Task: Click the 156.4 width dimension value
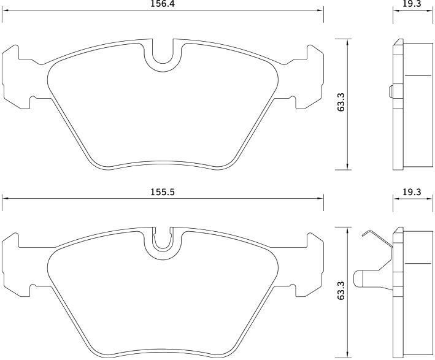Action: coord(163,4)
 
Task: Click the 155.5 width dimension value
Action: coord(163,192)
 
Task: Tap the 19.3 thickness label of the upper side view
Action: coord(412,4)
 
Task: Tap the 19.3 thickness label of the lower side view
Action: coord(412,191)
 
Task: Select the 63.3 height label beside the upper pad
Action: coord(341,102)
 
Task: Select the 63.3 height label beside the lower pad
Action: coord(341,290)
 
